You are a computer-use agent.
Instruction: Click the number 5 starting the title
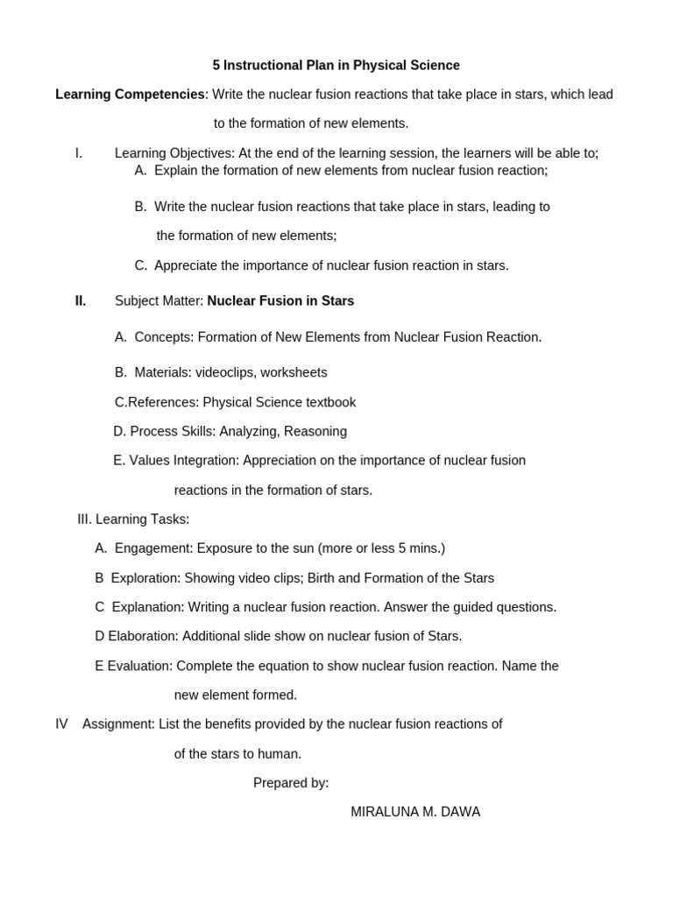(216, 66)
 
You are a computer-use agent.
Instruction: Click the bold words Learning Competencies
(130, 95)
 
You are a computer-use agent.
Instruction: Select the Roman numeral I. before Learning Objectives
(79, 153)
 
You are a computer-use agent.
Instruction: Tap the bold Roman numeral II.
(81, 301)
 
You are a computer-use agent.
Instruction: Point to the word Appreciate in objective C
(187, 265)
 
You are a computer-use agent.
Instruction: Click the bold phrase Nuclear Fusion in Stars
(280, 301)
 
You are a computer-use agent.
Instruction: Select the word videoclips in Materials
(224, 372)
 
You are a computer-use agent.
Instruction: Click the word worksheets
(294, 372)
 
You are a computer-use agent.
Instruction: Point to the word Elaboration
(141, 636)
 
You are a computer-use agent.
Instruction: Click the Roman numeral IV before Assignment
(61, 724)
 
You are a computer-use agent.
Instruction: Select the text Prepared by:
(291, 783)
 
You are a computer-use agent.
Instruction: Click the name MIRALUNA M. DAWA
(415, 812)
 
